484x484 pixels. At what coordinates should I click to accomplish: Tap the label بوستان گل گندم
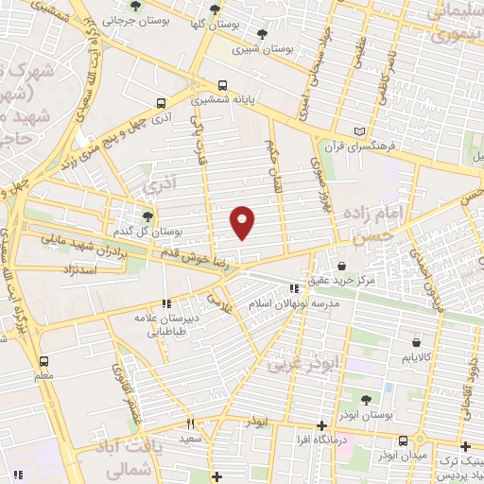point(145,231)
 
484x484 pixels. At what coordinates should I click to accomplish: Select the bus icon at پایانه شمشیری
point(223,84)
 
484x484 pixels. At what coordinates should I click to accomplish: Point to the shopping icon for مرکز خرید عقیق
point(341,266)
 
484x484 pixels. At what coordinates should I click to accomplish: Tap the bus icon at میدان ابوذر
point(404,441)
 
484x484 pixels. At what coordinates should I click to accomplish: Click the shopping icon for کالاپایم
point(416,343)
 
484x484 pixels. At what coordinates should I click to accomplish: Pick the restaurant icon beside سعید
point(190,424)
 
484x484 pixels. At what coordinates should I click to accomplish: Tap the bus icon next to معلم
point(43,361)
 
